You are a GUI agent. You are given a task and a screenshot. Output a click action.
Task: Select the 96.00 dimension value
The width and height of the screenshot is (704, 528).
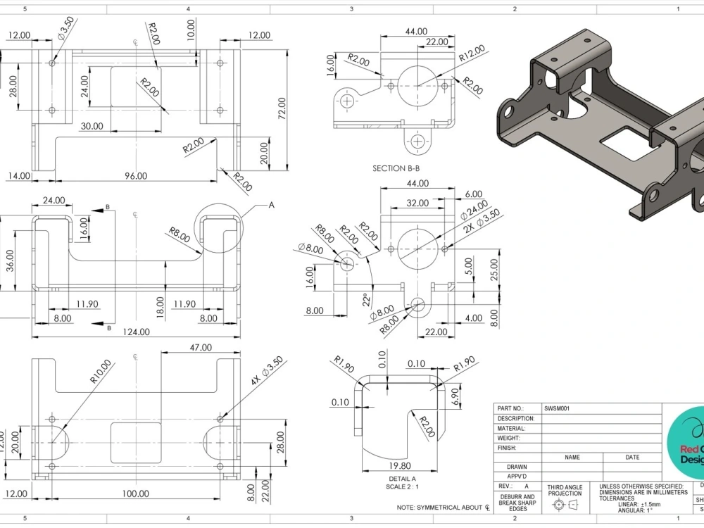(136, 176)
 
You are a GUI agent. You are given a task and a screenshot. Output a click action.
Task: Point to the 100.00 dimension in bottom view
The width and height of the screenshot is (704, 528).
(136, 494)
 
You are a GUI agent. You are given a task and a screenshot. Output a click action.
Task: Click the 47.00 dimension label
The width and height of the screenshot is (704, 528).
(201, 347)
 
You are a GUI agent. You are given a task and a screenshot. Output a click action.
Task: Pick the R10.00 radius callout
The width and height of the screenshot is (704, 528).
(101, 371)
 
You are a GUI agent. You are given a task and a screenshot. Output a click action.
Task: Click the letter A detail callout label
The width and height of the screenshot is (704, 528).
(271, 205)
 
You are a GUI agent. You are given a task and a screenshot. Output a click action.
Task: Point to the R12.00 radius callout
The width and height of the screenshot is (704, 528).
(471, 54)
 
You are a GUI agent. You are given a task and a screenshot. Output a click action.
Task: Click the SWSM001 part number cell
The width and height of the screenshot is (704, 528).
(556, 408)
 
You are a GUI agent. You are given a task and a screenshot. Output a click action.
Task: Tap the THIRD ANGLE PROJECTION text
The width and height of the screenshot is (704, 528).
(565, 490)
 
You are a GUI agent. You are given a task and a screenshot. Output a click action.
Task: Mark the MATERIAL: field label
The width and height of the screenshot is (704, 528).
(511, 428)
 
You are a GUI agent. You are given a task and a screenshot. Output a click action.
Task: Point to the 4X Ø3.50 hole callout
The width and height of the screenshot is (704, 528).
(267, 370)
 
